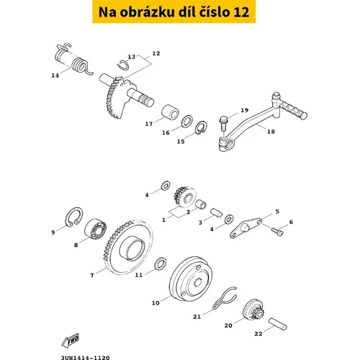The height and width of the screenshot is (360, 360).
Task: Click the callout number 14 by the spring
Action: [x=55, y=76]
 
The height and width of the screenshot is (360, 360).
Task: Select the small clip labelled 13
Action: [x=123, y=65]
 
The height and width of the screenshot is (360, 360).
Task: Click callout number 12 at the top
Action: [x=156, y=53]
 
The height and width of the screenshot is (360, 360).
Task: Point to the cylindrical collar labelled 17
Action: [x=170, y=112]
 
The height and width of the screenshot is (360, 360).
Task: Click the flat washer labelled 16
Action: [x=186, y=121]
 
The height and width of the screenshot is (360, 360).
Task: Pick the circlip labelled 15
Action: [x=201, y=128]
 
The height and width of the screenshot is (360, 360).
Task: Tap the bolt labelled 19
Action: [x=223, y=123]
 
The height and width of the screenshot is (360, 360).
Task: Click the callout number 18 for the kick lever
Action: [x=271, y=132]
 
